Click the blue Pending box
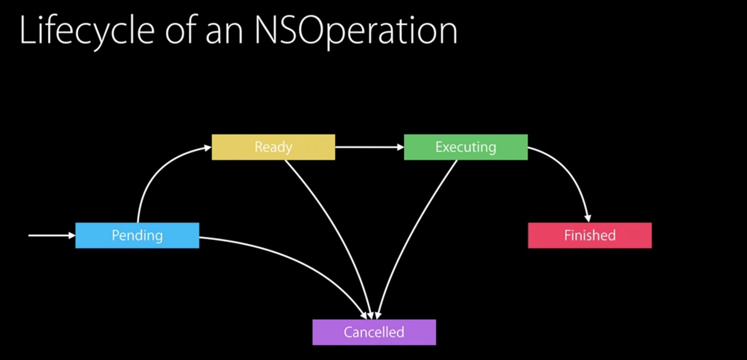coord(137,235)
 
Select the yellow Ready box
coord(273,147)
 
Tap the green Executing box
coord(466,147)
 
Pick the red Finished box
coord(590,235)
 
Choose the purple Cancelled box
coord(374,332)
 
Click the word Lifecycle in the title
coord(87,31)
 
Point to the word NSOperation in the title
coord(356,31)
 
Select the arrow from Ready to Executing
coord(369,147)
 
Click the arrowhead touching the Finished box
coord(588,218)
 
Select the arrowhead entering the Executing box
coord(400,147)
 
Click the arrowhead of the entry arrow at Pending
coord(72,235)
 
